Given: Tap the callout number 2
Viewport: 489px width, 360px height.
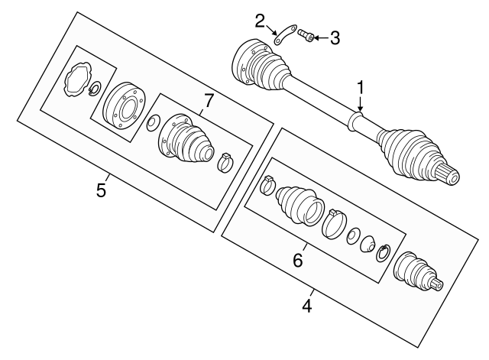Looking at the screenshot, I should pyautogui.click(x=261, y=19).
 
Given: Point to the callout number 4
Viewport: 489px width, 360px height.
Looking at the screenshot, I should pyautogui.click(x=307, y=308).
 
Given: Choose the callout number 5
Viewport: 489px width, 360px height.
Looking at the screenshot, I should pyautogui.click(x=101, y=189).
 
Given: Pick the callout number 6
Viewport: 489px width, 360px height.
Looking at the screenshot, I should pyautogui.click(x=298, y=260).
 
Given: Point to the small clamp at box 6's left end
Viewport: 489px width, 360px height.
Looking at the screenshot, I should pyautogui.click(x=269, y=184).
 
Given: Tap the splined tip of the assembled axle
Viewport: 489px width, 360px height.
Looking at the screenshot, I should pyautogui.click(x=450, y=177).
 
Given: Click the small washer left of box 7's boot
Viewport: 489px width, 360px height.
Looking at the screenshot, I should pyautogui.click(x=154, y=122).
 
